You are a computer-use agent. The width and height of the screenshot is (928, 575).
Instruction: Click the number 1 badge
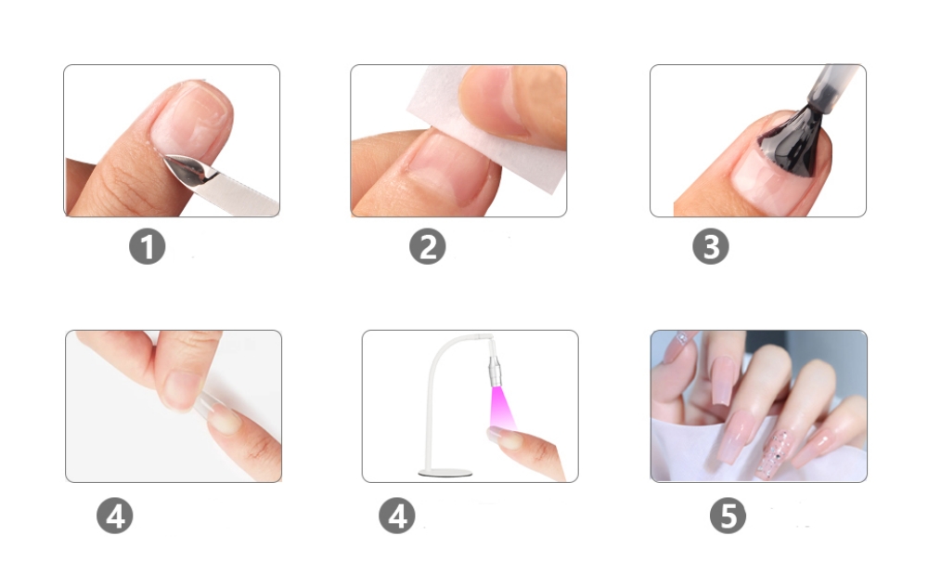coord(148,246)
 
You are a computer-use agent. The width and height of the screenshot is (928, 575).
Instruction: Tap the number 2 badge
coord(427,246)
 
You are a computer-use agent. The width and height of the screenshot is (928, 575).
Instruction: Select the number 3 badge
coord(711,246)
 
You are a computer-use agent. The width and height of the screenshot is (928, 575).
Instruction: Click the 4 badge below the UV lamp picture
coord(397,516)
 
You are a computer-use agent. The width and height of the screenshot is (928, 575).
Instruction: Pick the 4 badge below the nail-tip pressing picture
coord(115,516)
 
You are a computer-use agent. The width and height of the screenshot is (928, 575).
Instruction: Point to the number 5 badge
coord(728,516)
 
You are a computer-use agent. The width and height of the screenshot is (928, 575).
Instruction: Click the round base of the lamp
coord(445,473)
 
